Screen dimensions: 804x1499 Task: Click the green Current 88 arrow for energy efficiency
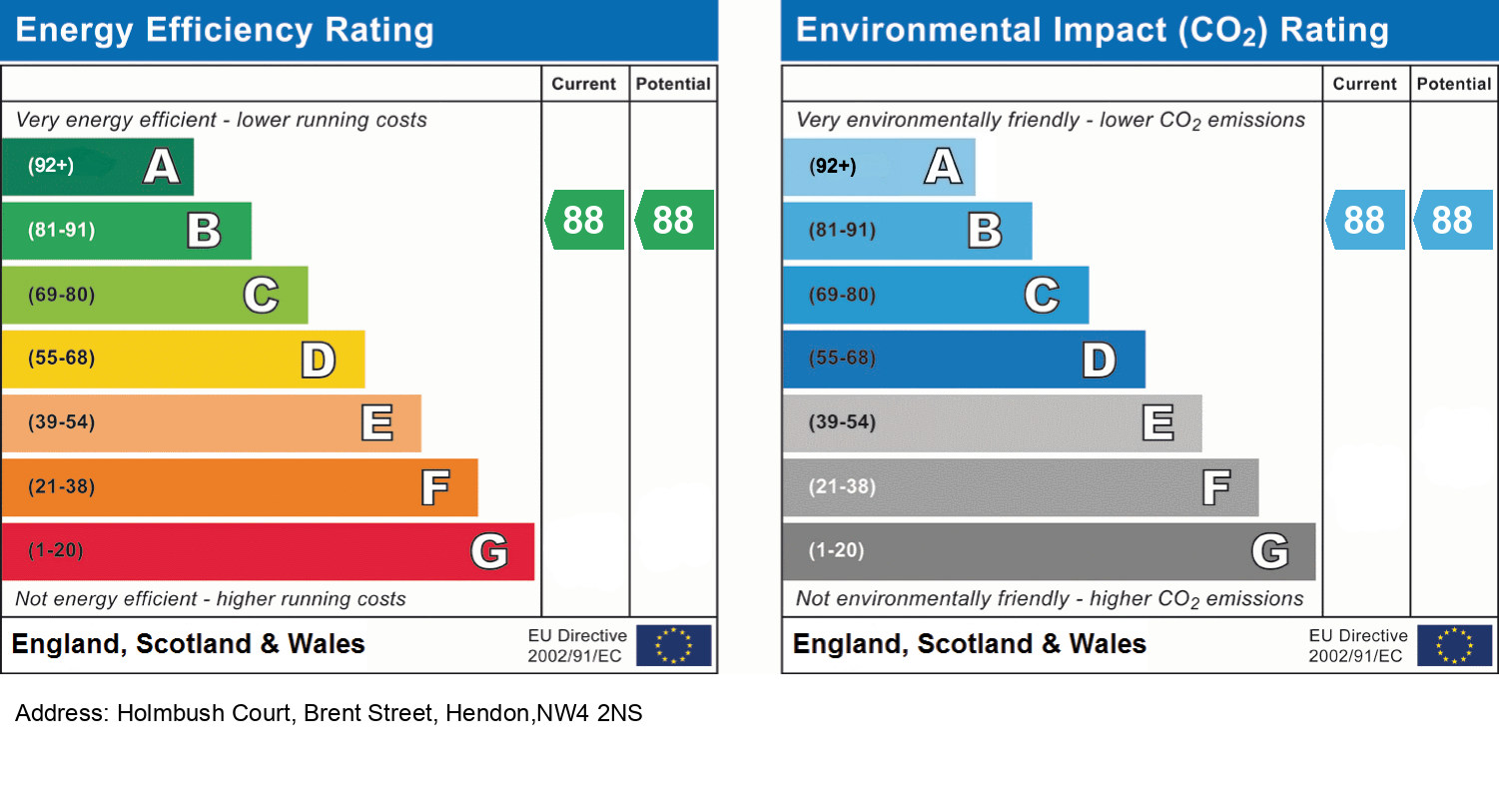click(585, 220)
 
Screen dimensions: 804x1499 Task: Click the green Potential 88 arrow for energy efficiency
click(675, 220)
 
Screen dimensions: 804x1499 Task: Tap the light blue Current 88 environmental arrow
click(1366, 220)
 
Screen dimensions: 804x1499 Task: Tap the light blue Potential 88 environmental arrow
click(1454, 220)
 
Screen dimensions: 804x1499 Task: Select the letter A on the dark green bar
click(162, 166)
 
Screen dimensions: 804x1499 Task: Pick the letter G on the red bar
click(489, 551)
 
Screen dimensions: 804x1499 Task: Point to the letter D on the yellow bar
click(319, 360)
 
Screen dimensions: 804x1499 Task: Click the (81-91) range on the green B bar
click(62, 231)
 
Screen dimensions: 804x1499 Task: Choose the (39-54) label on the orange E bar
click(62, 422)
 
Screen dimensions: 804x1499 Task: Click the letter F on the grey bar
click(1215, 487)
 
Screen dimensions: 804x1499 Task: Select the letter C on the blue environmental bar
click(1042, 296)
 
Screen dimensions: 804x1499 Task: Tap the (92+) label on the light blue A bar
click(833, 166)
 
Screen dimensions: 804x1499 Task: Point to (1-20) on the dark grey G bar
click(837, 551)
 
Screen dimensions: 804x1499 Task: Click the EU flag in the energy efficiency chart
click(674, 645)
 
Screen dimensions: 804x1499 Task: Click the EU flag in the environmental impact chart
click(1455, 645)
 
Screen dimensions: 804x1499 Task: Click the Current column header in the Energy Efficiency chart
click(584, 85)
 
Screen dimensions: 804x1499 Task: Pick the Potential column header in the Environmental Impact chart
click(1454, 85)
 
